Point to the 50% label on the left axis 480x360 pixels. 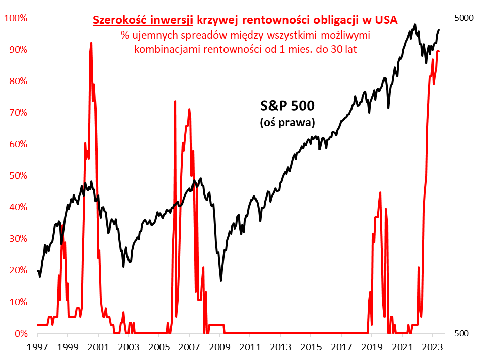click(x=17, y=176)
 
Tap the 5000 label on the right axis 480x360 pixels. click(x=463, y=18)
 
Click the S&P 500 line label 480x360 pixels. click(x=287, y=106)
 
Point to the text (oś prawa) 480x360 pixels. click(x=287, y=122)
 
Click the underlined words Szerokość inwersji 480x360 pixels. click(x=142, y=20)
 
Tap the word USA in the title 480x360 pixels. click(x=387, y=20)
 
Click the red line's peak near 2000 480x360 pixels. click(x=91, y=43)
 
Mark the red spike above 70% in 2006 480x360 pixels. click(x=175, y=101)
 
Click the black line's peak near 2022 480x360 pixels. click(x=415, y=24)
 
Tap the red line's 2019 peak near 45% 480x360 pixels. click(x=380, y=192)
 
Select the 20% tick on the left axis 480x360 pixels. click(x=17, y=270)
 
